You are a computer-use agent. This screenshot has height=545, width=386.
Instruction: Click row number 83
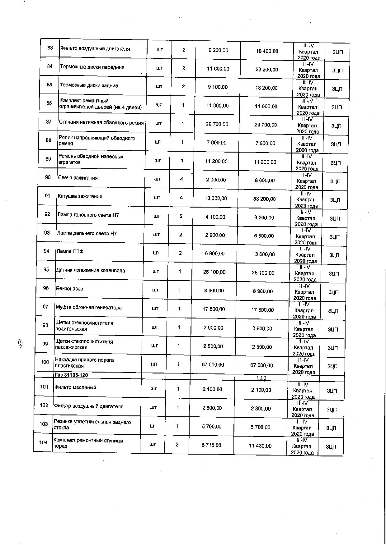tap(50, 48)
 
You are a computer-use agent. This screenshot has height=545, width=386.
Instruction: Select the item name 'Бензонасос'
tap(70, 289)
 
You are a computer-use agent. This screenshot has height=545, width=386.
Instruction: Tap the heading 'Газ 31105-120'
tap(71, 375)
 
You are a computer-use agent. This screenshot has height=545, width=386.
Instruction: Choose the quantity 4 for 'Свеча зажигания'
tap(182, 179)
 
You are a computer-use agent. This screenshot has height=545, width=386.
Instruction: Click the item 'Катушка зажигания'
tap(80, 196)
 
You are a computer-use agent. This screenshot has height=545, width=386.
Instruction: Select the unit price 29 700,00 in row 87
tap(217, 124)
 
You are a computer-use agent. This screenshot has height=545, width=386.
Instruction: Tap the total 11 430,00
tap(260, 446)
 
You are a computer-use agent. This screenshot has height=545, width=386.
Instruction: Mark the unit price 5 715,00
tap(211, 445)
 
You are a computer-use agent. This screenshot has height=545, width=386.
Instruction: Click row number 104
tap(43, 442)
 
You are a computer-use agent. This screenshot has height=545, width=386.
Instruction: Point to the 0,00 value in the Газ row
tap(261, 378)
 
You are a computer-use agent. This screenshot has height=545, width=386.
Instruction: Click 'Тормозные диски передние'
tap(92, 67)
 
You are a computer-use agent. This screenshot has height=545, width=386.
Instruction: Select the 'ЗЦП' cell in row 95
tap(334, 274)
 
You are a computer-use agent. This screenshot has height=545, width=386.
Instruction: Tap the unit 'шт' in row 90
tap(158, 179)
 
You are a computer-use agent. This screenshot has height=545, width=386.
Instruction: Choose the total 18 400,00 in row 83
tap(267, 51)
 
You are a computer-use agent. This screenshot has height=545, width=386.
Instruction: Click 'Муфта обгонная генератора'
tap(88, 308)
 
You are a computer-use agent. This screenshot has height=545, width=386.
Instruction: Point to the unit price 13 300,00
tap(216, 198)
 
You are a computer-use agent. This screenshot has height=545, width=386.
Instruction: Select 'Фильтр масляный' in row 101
tap(75, 387)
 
